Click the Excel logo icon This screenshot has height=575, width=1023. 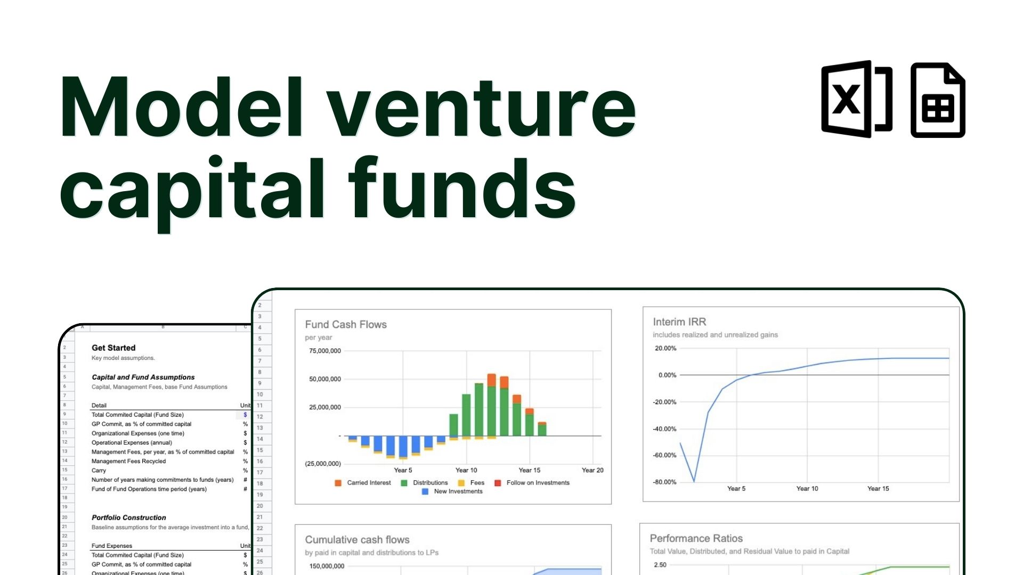[856, 99]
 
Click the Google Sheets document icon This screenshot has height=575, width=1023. [937, 100]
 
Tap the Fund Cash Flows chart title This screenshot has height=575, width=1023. [346, 324]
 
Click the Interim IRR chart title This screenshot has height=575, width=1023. [679, 322]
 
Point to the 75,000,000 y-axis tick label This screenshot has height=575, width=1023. [325, 351]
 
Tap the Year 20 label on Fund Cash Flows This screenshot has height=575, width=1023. [592, 470]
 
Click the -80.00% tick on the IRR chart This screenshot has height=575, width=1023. [665, 482]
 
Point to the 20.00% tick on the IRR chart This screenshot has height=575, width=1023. [665, 348]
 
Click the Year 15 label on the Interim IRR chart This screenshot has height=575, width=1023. [878, 488]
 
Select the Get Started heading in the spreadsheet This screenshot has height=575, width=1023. [113, 348]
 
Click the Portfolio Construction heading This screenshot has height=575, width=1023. [128, 517]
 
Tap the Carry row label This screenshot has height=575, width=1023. [99, 471]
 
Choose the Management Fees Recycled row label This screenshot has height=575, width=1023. [128, 461]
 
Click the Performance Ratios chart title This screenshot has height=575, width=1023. [696, 538]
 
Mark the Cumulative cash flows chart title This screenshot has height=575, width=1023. [357, 539]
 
